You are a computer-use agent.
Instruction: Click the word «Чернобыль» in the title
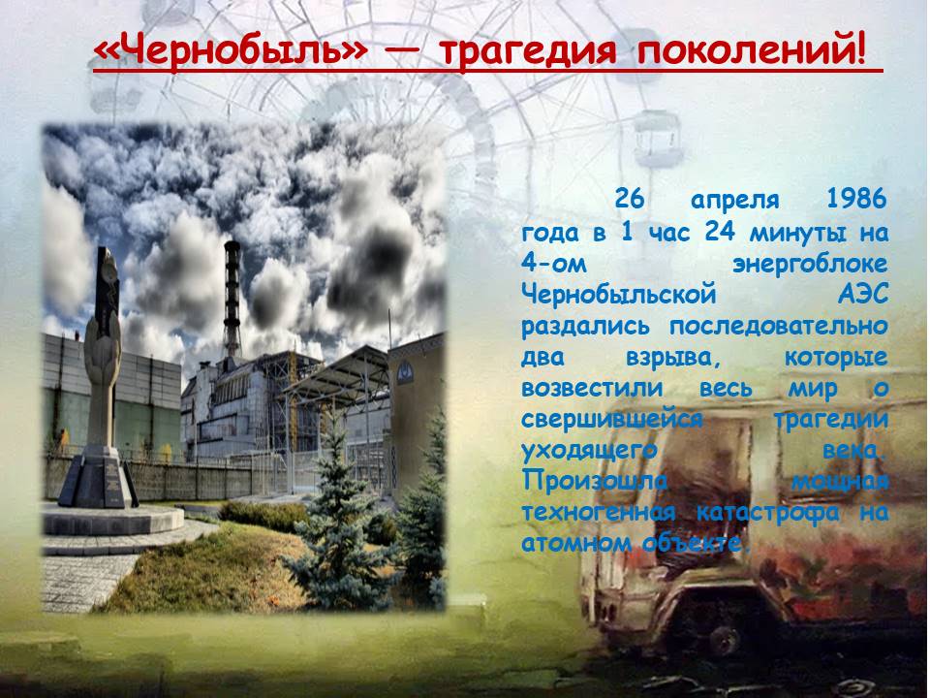pos(231,50)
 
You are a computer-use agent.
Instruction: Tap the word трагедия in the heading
pos(530,51)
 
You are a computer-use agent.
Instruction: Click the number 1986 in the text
pos(856,199)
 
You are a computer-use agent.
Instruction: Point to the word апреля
pos(735,201)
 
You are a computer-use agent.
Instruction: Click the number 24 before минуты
pos(721,231)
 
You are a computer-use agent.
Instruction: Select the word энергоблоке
pos(810,264)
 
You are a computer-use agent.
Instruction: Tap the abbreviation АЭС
pos(863,294)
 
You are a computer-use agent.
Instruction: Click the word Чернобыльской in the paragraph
pos(619,294)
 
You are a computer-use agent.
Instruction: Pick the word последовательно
pos(779,327)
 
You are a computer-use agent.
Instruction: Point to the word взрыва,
pos(677,358)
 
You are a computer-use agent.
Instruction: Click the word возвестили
pos(592,389)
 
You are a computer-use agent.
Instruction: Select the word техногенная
pos(599,512)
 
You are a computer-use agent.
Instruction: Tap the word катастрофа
pos(768,513)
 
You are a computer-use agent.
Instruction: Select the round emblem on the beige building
pos(405,373)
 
